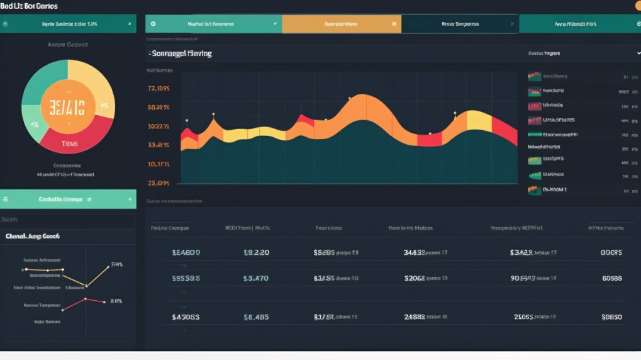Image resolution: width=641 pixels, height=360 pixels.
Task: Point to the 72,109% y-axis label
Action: click(x=159, y=89)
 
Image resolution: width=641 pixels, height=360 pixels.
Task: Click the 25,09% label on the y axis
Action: click(x=159, y=183)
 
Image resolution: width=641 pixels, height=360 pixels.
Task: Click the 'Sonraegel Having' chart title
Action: click(x=182, y=53)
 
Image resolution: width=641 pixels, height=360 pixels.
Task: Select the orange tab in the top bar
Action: click(x=341, y=24)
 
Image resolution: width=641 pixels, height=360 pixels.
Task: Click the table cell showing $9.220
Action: click(x=256, y=252)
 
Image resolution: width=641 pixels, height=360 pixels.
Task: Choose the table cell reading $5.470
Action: click(x=256, y=278)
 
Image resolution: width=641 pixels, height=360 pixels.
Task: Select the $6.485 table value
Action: click(x=256, y=317)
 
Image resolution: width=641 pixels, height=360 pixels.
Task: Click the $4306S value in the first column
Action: click(x=186, y=317)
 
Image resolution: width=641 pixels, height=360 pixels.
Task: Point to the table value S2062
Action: click(x=415, y=278)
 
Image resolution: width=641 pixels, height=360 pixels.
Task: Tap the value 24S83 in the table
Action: click(x=415, y=317)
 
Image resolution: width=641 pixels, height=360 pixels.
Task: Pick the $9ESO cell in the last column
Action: click(x=611, y=317)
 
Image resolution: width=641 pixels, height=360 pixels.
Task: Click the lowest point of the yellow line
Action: click(x=86, y=286)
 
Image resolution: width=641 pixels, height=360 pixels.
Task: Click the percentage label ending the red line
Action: click(x=116, y=301)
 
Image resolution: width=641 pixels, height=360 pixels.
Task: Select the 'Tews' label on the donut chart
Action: click(x=69, y=143)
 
